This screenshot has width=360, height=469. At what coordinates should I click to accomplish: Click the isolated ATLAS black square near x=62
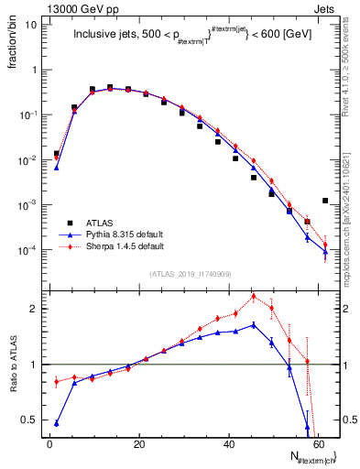(x=325, y=201)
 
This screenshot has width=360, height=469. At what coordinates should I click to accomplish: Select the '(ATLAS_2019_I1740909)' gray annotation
(x=190, y=274)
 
